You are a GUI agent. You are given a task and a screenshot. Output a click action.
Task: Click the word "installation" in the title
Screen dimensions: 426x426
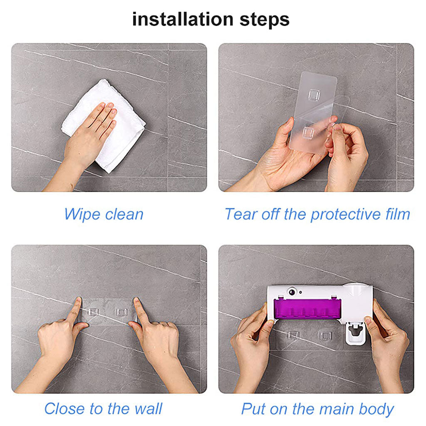point(183,20)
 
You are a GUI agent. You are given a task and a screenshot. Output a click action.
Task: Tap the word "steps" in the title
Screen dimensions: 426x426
point(265,20)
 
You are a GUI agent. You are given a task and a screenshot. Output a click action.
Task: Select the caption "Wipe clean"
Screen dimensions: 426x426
point(104,214)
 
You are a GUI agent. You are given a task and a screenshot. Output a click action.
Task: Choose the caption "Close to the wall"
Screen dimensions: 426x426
point(103,409)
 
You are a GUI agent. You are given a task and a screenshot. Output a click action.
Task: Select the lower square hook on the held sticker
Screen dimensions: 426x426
point(308,133)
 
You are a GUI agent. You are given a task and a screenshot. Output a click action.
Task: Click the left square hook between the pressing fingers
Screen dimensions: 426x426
point(93,312)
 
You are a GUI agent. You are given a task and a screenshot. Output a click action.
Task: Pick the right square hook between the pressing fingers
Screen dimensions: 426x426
point(121,312)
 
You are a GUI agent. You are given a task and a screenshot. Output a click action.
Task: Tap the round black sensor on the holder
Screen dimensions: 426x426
point(292,292)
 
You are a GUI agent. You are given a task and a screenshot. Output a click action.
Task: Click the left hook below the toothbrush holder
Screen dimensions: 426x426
point(293,335)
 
